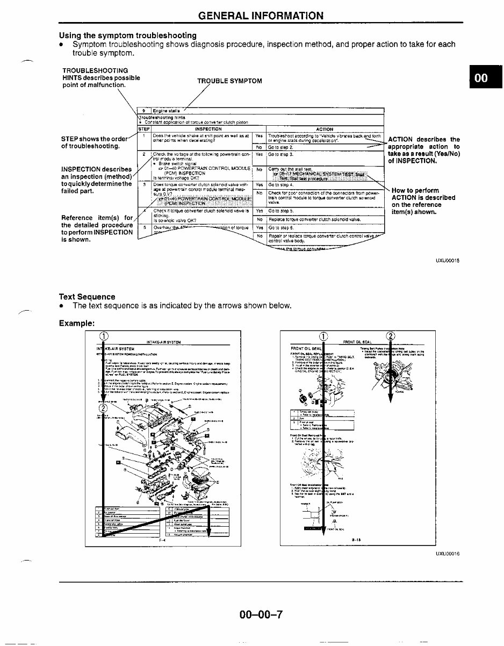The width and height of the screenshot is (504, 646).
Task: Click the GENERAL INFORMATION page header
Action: click(261, 15)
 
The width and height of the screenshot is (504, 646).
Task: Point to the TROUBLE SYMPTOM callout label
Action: click(229, 81)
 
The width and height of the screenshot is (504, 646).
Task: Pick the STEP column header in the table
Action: click(143, 129)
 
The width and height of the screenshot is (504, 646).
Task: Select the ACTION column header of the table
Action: click(325, 129)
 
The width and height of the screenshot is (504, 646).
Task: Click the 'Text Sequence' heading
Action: click(87, 297)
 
